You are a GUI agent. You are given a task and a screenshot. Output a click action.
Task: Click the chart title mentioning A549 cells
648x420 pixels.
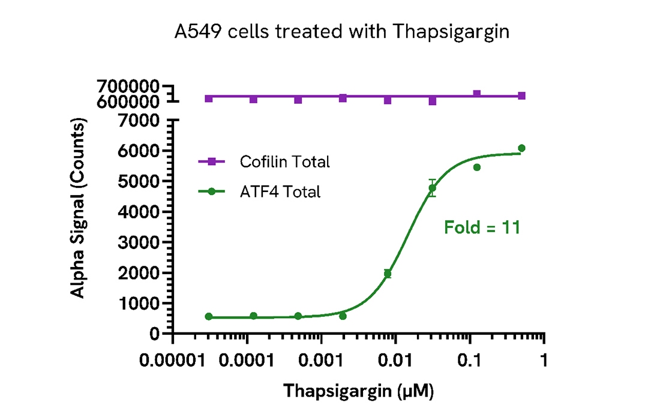343,31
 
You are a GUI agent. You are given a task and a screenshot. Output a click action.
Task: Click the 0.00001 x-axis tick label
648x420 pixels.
172,362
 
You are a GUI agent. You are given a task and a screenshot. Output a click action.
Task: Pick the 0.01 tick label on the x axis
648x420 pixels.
395,362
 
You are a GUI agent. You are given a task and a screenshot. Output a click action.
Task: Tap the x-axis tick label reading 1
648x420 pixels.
544,362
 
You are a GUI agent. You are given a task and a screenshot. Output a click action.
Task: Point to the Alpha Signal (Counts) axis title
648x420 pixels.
77,207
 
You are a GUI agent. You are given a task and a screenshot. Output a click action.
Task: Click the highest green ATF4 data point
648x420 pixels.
521,148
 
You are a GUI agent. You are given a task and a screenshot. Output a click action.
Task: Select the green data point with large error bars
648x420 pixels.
432,188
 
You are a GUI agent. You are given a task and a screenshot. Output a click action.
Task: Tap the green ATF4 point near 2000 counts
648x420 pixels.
388,274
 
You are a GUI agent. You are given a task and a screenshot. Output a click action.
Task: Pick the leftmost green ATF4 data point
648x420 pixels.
209,316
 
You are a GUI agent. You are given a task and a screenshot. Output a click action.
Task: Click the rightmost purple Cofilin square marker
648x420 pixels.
521,96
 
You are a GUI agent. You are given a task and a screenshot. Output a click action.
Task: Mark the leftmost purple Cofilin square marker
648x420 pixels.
209,98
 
